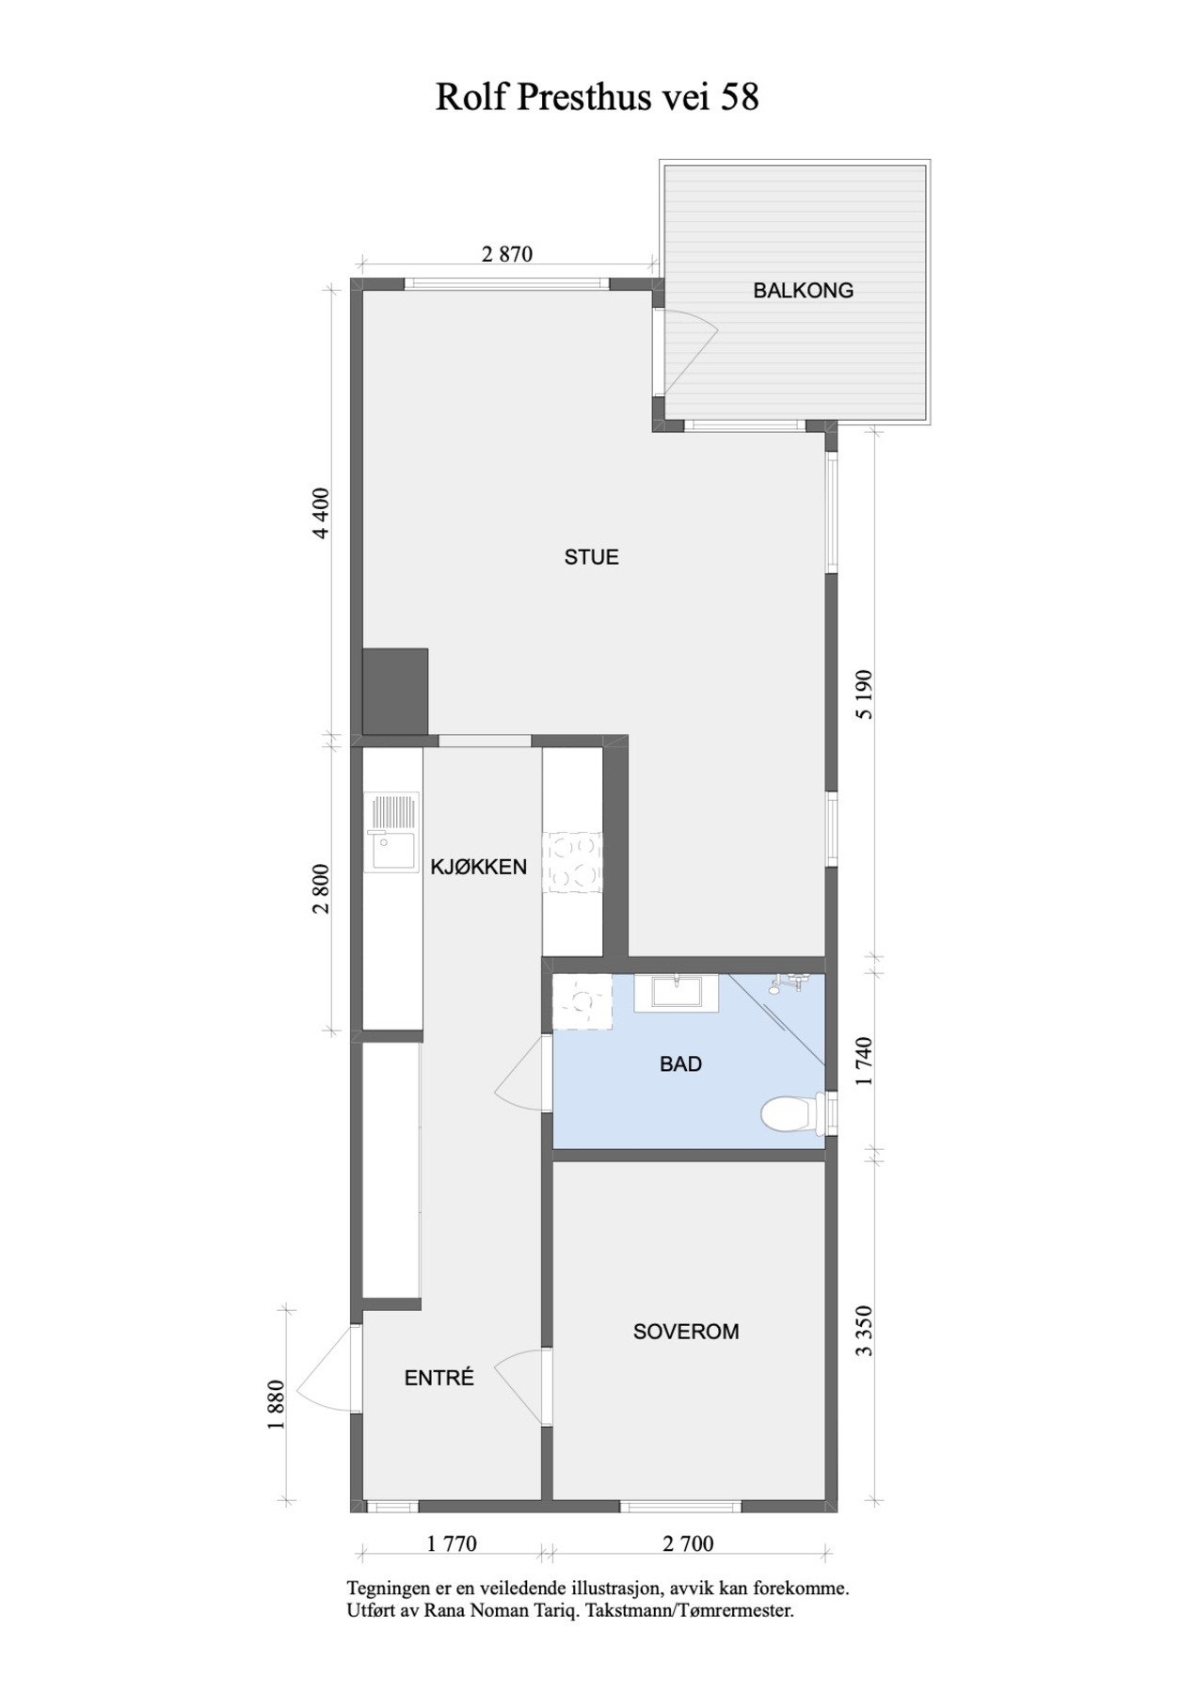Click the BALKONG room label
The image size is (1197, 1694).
tap(803, 291)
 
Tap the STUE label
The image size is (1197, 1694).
tap(591, 557)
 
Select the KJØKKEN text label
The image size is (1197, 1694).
tap(478, 867)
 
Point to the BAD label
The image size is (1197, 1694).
tap(680, 1064)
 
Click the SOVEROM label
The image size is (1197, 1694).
tap(685, 1332)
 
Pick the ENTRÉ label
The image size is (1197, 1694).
tap(439, 1379)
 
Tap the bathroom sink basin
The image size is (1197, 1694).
tap(676, 992)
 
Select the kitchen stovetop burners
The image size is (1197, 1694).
tap(574, 860)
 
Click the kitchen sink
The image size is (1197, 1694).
tap(391, 834)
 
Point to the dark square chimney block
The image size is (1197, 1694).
tap(395, 692)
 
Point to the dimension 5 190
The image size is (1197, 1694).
tap(865, 695)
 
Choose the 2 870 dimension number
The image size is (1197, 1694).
tap(506, 254)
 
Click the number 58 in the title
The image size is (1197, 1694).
tap(740, 97)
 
